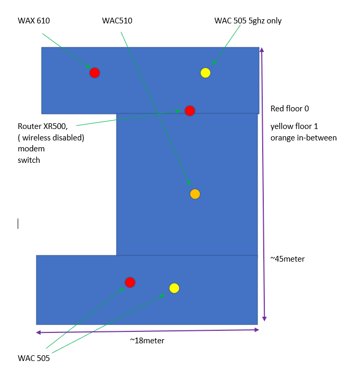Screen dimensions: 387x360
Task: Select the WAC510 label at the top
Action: click(117, 21)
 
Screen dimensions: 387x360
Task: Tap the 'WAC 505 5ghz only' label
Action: click(248, 21)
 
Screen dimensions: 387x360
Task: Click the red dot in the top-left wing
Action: click(94, 73)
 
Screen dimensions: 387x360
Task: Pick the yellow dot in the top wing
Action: click(205, 73)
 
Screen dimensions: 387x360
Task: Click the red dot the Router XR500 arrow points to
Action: click(190, 111)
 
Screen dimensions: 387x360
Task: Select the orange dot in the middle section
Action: click(195, 194)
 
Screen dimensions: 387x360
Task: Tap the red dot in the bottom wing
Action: click(130, 282)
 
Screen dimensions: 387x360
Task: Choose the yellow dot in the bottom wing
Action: click(174, 288)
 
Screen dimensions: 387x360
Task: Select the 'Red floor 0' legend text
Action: click(290, 109)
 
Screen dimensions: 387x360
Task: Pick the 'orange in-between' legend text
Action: click(303, 138)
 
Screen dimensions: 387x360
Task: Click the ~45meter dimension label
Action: click(287, 259)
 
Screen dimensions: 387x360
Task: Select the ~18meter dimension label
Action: click(147, 341)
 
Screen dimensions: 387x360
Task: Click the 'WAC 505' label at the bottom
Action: click(34, 358)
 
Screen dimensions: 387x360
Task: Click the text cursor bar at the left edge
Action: click(18, 224)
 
